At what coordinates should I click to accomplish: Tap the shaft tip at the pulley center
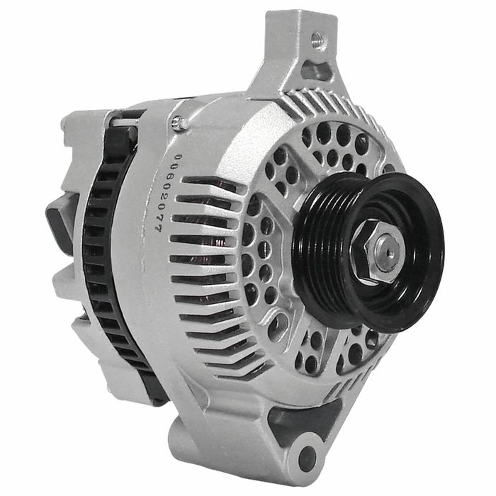click(x=390, y=252)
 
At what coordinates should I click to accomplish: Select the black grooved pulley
click(x=368, y=252)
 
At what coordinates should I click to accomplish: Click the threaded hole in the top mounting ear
click(x=318, y=40)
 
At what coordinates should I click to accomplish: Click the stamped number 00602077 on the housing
click(x=165, y=193)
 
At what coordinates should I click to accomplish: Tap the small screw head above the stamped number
click(x=178, y=123)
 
